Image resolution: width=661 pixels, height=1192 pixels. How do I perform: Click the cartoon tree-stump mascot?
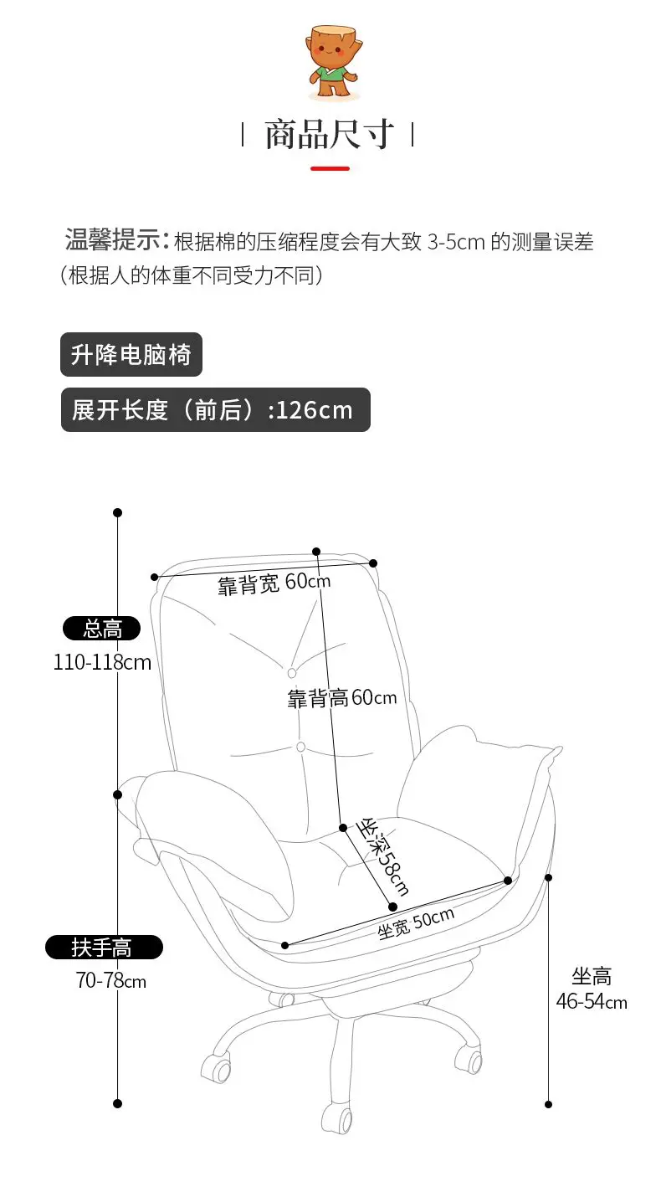point(331,64)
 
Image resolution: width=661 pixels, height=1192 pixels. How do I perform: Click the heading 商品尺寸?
point(329,134)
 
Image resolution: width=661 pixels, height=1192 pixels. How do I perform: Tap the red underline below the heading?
point(330,168)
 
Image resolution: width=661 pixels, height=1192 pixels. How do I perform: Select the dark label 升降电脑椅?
point(131,355)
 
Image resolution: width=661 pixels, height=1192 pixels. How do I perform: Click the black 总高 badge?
point(102,628)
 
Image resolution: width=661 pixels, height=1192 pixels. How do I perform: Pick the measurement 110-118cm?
point(102,662)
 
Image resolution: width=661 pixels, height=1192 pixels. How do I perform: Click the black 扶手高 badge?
point(103,948)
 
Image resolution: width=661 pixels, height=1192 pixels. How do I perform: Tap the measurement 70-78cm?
point(110,980)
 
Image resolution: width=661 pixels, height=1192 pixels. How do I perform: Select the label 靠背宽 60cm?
point(274,583)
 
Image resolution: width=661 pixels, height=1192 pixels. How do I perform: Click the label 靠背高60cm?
point(342,697)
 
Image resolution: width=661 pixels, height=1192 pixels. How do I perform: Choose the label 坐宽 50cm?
point(416,922)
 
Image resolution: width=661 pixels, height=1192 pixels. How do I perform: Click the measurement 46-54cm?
point(592,1001)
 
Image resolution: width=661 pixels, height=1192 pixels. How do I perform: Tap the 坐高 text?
point(592,975)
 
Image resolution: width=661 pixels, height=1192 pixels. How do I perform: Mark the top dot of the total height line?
point(118,512)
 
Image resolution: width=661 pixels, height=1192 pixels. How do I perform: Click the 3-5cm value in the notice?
point(457,243)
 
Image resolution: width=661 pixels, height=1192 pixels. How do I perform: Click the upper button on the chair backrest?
point(292,672)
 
